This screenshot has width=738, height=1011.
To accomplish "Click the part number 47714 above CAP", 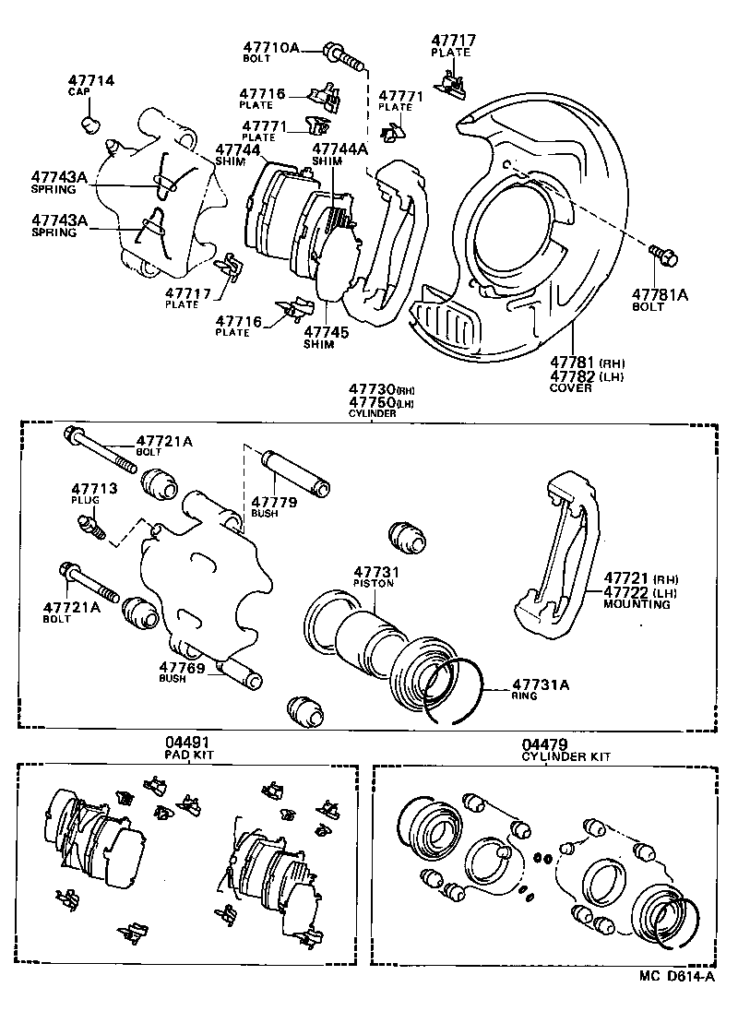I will (90, 81).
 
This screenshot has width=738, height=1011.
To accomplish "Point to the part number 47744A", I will (339, 149).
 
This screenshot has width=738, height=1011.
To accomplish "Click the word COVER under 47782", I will (569, 389).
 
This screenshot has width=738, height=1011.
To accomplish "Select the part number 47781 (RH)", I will (574, 363).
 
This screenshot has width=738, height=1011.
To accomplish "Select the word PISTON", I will (374, 584).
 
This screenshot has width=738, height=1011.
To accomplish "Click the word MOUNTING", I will (636, 605).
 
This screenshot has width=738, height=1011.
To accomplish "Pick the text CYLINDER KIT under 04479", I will (565, 756).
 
